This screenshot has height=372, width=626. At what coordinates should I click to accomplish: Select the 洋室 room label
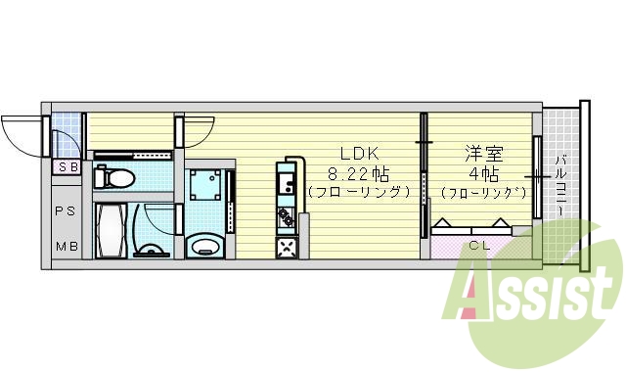point(477,153)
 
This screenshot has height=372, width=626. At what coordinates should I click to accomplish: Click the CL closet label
point(478,245)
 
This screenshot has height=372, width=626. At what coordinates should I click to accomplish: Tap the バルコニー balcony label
point(559,186)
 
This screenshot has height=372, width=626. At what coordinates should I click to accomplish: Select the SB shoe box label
point(67,167)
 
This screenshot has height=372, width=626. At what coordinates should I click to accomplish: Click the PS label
point(67,211)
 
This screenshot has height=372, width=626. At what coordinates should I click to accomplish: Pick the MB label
point(67,245)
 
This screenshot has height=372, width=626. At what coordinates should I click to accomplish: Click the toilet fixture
point(115,178)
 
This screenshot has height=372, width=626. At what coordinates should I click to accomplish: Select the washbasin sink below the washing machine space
point(203,244)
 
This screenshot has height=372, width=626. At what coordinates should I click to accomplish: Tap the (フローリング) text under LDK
point(358,192)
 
